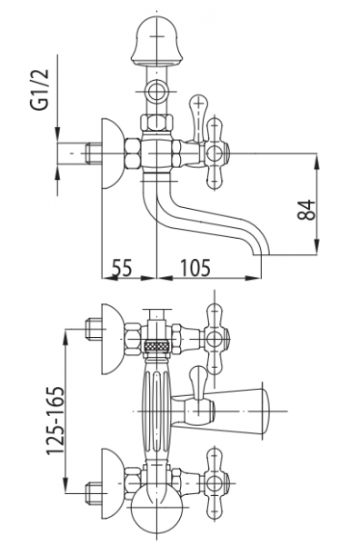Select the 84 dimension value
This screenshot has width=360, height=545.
[x=306, y=210]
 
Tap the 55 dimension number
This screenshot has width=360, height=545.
[x=122, y=268]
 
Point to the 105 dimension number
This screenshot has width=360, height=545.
[x=195, y=268]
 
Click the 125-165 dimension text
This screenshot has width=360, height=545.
[x=55, y=420]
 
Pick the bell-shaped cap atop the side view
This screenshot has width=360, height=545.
[x=156, y=42]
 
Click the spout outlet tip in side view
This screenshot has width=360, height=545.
[x=261, y=254]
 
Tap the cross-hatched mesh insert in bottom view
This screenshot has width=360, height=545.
[x=156, y=346]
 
